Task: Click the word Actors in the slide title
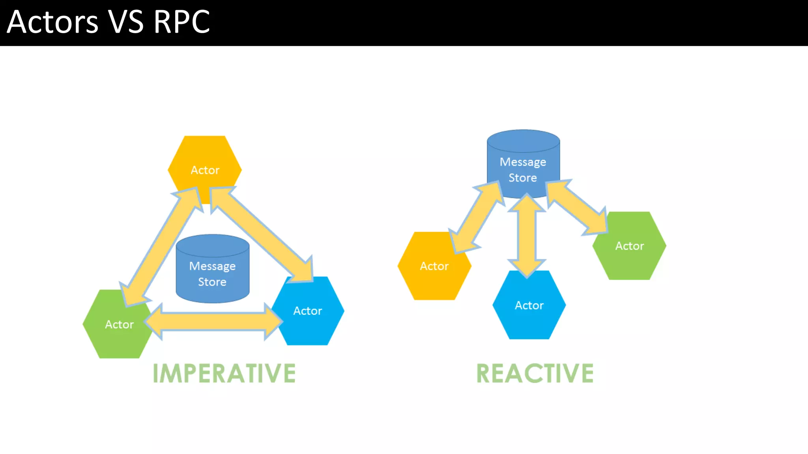pyautogui.click(x=52, y=22)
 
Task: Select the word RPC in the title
pyautogui.click(x=181, y=22)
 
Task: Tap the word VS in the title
pyautogui.click(x=126, y=22)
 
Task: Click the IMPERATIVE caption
pyautogui.click(x=224, y=374)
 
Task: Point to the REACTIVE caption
pyautogui.click(x=535, y=374)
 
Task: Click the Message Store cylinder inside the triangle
pyautogui.click(x=212, y=272)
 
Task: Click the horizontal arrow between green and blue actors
pyautogui.click(x=213, y=322)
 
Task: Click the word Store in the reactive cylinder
pyautogui.click(x=523, y=178)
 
